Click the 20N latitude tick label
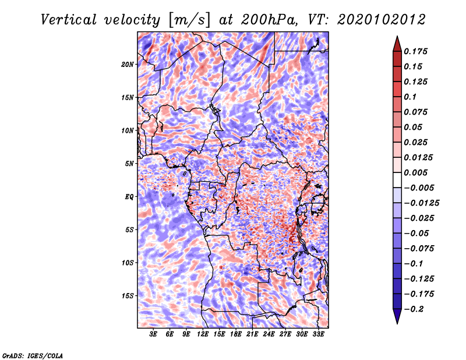click(128, 64)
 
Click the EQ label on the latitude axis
click(129, 197)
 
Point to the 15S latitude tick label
click(128, 296)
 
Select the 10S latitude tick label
click(128, 263)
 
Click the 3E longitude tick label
click(154, 334)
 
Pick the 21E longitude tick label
click(252, 334)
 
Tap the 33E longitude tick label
click(319, 334)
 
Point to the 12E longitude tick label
click(203, 334)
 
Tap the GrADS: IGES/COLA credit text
click(32, 355)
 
